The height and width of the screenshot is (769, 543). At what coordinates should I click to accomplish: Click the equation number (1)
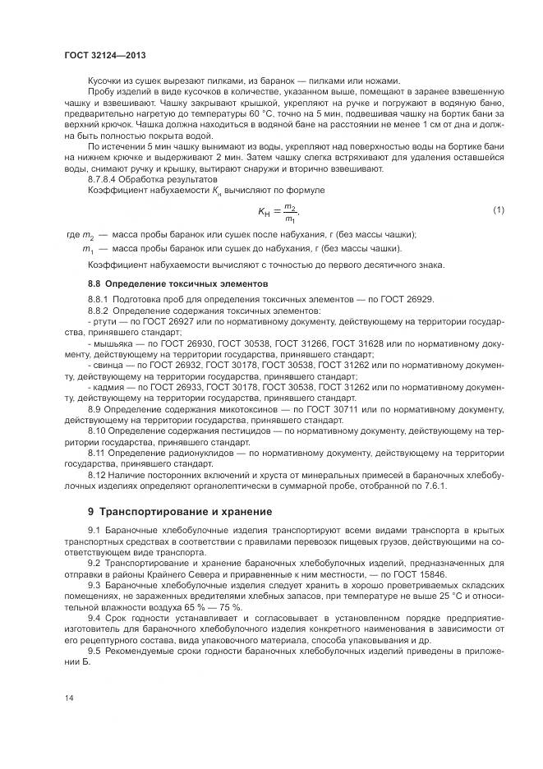pos(498,211)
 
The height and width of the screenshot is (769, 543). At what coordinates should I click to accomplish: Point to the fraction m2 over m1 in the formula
pos(289,212)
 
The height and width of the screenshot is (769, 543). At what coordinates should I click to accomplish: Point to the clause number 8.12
pos(96,473)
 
